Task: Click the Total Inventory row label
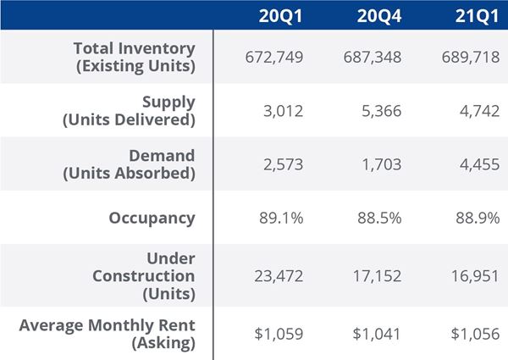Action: click(134, 56)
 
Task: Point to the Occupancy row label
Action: click(152, 218)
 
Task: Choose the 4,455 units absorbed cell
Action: click(476, 164)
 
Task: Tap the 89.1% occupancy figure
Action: click(280, 218)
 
